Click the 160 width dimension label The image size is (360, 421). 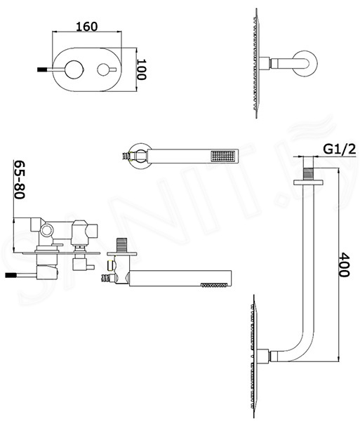pos(87,27)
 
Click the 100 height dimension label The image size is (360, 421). pos(142,69)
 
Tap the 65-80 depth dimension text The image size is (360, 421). pos(20,180)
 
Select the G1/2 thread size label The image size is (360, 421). pos(340,149)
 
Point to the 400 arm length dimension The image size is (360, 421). pos(344,265)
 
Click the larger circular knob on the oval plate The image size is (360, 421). pos(74,69)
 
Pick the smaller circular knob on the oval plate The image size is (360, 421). pos(104,69)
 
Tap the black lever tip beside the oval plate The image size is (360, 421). pos(40,69)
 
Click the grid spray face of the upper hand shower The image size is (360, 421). pos(223,156)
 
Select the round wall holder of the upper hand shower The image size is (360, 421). pos(138,156)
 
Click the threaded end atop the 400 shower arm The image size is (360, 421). pos(308,173)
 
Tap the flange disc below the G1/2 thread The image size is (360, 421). pos(308,182)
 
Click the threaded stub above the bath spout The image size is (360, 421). pos(121,245)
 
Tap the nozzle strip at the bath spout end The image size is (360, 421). pos(213,285)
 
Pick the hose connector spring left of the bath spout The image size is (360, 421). pos(106,278)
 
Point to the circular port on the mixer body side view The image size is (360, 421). pos(46,230)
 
